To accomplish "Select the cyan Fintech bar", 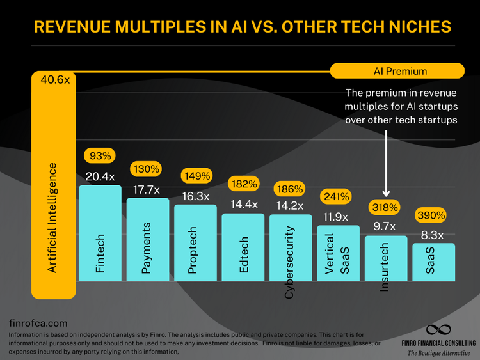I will [100, 233].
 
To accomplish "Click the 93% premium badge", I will [99, 155].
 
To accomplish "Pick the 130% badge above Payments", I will [147, 169].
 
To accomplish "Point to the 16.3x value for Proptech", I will [195, 196].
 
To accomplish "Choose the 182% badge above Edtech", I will [243, 184].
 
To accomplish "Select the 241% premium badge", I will [337, 196].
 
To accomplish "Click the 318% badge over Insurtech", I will [385, 207].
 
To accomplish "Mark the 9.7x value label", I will [385, 226].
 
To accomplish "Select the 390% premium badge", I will [432, 215].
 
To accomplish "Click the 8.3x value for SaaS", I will [433, 234].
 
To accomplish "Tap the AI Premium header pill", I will [397, 71].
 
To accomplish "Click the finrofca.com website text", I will [38, 324].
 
